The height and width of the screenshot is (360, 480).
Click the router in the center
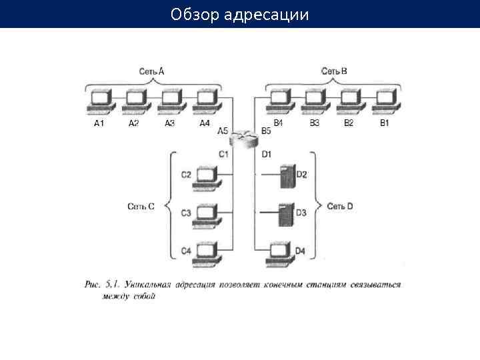click(x=243, y=139)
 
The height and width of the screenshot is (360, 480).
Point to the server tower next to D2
click(x=287, y=175)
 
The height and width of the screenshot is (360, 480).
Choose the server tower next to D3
click(x=287, y=213)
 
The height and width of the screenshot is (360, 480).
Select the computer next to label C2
click(x=206, y=175)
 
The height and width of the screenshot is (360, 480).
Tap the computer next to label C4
click(x=206, y=251)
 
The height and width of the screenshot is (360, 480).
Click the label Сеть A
click(x=151, y=71)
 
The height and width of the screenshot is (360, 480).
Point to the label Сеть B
click(x=333, y=71)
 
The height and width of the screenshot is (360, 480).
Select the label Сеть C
click(x=141, y=207)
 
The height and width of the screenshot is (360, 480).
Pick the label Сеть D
click(x=340, y=207)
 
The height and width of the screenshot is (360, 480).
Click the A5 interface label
click(x=223, y=131)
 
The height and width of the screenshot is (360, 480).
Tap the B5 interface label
click(x=266, y=131)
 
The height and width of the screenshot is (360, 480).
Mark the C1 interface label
click(x=223, y=154)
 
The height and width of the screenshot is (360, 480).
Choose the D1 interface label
click(x=266, y=154)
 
